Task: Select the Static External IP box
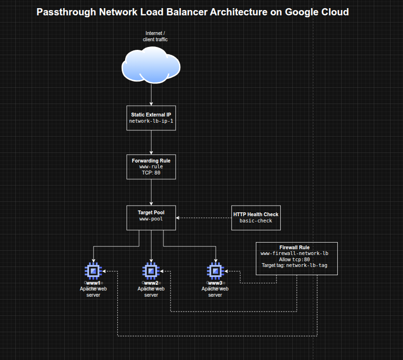pos(151,118)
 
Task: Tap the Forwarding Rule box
pos(151,166)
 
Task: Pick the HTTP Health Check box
pos(255,218)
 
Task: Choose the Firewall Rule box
pos(297,258)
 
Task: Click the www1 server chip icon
pos(93,271)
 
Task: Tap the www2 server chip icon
pos(151,271)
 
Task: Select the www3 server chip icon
pos(215,271)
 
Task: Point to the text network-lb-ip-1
pos(151,121)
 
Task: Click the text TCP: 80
pos(151,173)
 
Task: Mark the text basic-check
pos(255,221)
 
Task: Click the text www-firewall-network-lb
pos(294,253)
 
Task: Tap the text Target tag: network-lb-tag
pos(294,265)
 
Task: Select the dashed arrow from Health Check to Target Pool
pos(204,218)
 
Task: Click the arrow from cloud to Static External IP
pos(151,94)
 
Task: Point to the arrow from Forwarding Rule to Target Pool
pos(151,192)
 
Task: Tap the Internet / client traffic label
pos(155,36)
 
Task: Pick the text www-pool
pos(151,219)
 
